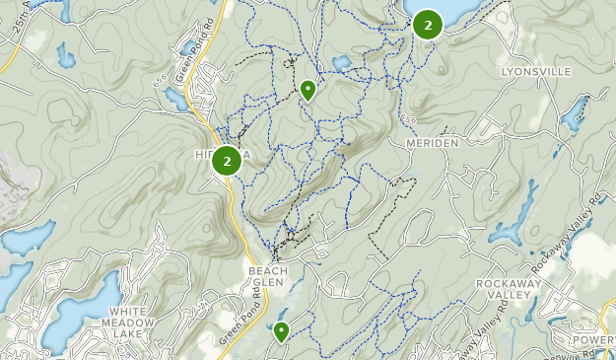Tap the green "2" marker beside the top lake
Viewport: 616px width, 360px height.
428,24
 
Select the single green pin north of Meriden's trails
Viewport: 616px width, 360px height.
308,90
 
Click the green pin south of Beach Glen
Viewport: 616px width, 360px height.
282,331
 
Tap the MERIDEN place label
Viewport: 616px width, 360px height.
433,143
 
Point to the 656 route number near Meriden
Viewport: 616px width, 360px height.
410,118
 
